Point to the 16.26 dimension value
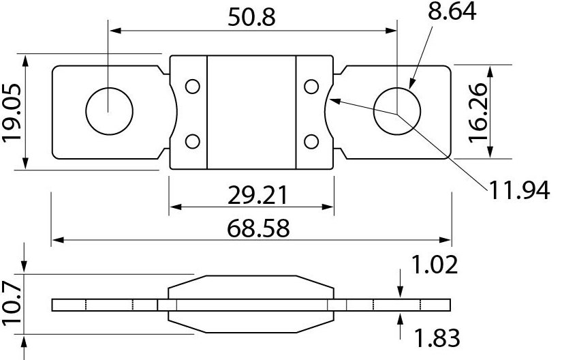coord(479,112)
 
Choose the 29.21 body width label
coord(251,196)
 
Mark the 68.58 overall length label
coord(251,228)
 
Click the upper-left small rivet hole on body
coord(193,87)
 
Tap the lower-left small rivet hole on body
coord(193,141)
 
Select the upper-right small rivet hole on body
coord(311,87)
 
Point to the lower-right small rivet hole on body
coord(311,141)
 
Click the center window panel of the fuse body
coord(251,112)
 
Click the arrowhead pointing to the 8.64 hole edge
coord(411,84)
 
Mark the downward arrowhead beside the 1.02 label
coord(401,292)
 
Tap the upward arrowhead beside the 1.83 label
coord(401,318)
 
